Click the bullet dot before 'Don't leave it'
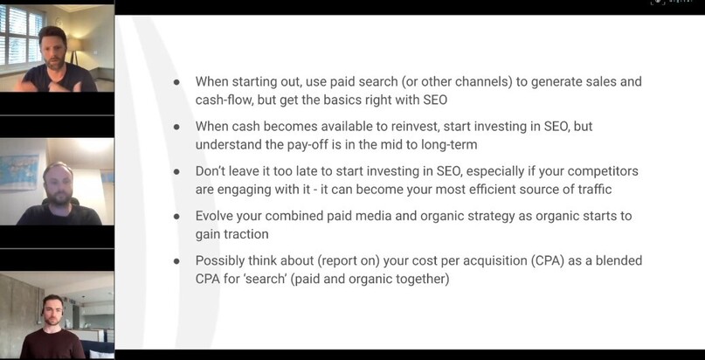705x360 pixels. click(176, 171)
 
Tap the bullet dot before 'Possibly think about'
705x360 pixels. click(176, 261)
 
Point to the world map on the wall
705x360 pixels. click(19, 172)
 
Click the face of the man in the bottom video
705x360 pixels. click(52, 311)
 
